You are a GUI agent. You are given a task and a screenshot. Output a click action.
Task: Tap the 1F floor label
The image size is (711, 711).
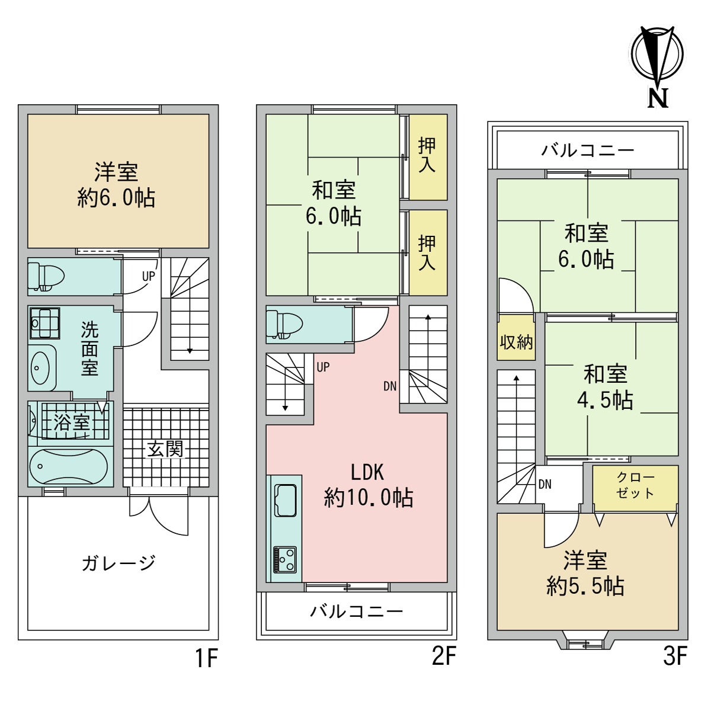206,657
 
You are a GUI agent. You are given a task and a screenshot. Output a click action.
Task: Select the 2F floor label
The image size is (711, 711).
444,656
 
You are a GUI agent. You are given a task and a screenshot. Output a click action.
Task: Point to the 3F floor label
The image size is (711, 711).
675,656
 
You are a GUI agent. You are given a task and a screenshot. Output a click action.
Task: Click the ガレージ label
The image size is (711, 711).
118,562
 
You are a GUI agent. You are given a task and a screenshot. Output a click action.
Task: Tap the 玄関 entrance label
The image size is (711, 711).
165,449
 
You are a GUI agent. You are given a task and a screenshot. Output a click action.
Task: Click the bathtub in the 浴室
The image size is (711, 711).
71,466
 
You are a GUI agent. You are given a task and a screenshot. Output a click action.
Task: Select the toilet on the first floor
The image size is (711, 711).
47,276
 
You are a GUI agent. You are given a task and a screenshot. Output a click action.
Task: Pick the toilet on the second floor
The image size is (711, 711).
285,324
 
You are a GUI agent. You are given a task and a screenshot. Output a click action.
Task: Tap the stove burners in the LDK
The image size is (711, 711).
285,559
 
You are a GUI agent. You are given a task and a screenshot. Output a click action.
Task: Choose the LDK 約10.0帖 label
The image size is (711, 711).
368,485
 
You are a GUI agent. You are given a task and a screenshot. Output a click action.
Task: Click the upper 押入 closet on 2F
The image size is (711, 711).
427,156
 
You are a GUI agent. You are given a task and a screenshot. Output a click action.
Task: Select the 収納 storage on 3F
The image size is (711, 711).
516,342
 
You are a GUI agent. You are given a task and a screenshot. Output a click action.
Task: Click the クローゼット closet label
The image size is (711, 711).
635,485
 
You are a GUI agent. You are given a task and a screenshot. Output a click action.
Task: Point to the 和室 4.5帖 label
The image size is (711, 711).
605,387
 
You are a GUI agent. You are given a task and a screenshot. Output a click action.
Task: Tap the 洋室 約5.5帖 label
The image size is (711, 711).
585,573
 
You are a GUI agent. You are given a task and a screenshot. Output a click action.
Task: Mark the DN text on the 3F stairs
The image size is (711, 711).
545,484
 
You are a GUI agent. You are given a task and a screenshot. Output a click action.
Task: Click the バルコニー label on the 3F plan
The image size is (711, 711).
587,150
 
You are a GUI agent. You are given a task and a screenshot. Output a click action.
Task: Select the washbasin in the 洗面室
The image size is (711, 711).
41,367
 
